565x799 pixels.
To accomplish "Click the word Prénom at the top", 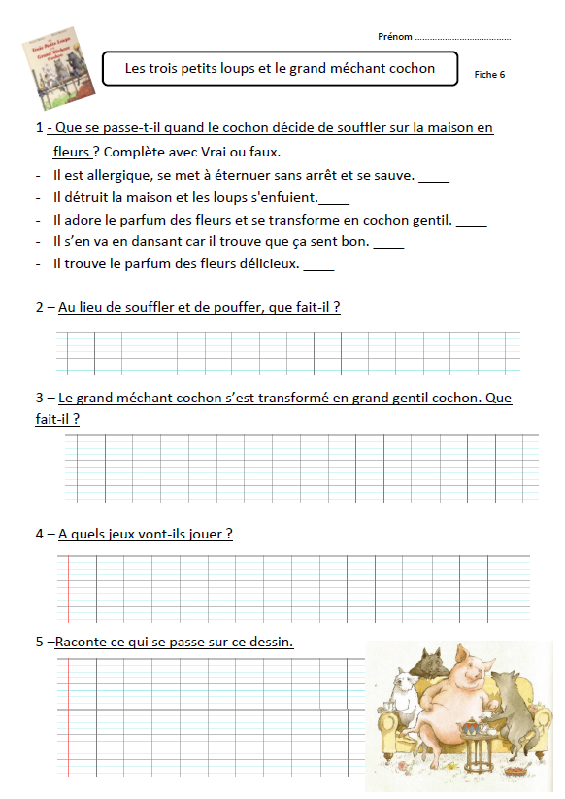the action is click(393, 37).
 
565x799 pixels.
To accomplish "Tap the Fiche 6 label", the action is click(489, 75).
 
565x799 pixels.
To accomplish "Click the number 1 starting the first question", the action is click(39, 128).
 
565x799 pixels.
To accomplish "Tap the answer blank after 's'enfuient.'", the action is click(334, 199).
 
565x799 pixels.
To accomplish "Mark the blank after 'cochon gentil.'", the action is click(471, 222).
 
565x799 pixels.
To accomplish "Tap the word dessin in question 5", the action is click(272, 642).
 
